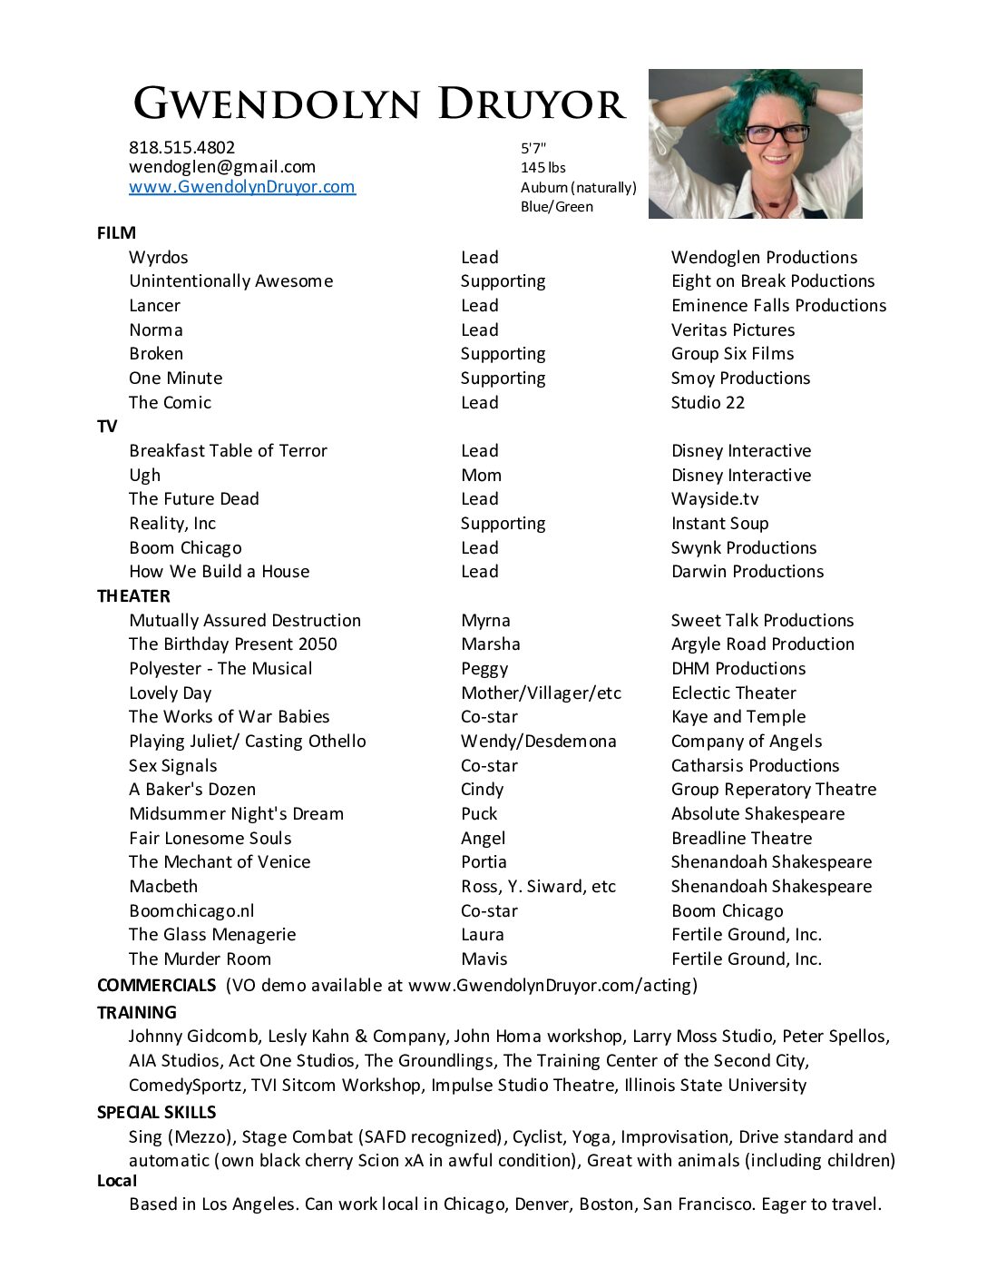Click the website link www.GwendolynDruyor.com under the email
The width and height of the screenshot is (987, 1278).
[x=241, y=187]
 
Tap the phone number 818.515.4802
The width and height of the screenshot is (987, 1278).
[x=181, y=147]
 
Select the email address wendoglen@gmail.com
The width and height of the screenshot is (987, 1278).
[x=222, y=167]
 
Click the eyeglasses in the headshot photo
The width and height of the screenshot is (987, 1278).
[x=776, y=134]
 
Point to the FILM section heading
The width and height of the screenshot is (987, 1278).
[x=116, y=233]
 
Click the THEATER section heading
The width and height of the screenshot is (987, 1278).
[x=133, y=596]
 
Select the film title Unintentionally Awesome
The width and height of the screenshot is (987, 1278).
[x=230, y=281]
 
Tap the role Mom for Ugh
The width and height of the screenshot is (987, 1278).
[x=481, y=476]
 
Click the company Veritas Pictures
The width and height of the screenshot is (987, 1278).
[x=732, y=330]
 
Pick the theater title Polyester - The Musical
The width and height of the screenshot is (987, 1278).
[x=220, y=669]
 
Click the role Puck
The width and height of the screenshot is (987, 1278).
[x=479, y=814]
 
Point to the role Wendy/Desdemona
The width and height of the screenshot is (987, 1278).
[x=538, y=742]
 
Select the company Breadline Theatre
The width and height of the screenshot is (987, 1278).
[x=741, y=839]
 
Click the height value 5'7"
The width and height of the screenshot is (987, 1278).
[x=533, y=148]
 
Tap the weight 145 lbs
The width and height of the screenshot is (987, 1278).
[x=542, y=168]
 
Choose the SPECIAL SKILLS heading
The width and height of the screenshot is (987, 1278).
[x=156, y=1113]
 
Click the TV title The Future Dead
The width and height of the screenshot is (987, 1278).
[x=193, y=499]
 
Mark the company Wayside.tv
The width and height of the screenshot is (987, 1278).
[x=715, y=499]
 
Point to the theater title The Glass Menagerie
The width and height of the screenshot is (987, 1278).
[x=212, y=935]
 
